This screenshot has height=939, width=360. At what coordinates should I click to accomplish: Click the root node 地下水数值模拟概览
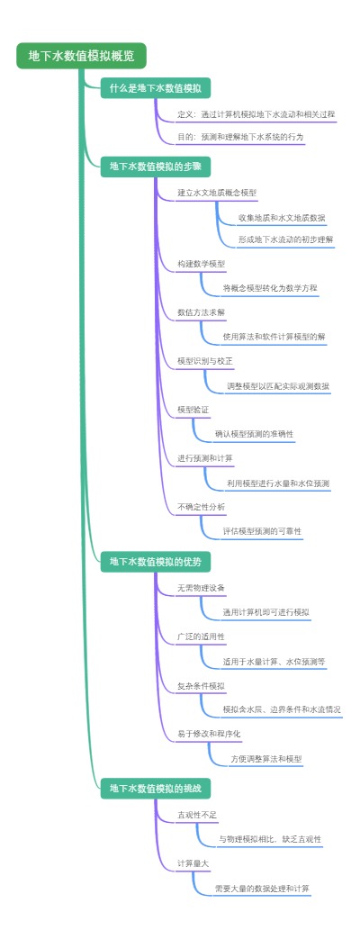(81, 56)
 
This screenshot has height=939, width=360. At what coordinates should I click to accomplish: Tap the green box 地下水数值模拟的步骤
(155, 167)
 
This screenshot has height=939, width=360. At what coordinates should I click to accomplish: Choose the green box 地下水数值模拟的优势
(155, 562)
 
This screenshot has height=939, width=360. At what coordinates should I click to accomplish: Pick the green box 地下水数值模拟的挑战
(155, 789)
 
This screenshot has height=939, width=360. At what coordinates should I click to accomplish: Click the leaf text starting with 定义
(256, 115)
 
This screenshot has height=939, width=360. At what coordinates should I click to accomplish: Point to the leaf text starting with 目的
(240, 138)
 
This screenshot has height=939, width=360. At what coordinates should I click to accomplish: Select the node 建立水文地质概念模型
(217, 194)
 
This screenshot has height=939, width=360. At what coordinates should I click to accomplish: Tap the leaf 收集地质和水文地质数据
(282, 218)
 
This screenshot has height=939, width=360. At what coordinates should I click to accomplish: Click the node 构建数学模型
(202, 265)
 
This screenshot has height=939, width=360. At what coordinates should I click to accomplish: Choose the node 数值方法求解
(202, 313)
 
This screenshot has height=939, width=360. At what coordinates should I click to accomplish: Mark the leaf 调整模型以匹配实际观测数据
(277, 386)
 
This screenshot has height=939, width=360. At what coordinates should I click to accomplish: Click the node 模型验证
(193, 410)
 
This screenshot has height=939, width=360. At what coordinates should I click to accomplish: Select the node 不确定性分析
(202, 507)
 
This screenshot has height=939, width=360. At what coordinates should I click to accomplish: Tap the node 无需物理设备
(201, 588)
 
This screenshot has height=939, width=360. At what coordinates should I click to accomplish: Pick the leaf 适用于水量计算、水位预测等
(274, 661)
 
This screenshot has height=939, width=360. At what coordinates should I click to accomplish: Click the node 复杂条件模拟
(201, 686)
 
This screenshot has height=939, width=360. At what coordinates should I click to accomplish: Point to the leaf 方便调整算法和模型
(265, 759)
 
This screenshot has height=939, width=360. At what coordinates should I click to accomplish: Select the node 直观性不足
(197, 815)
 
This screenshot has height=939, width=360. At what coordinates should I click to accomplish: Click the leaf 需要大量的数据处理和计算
(262, 889)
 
